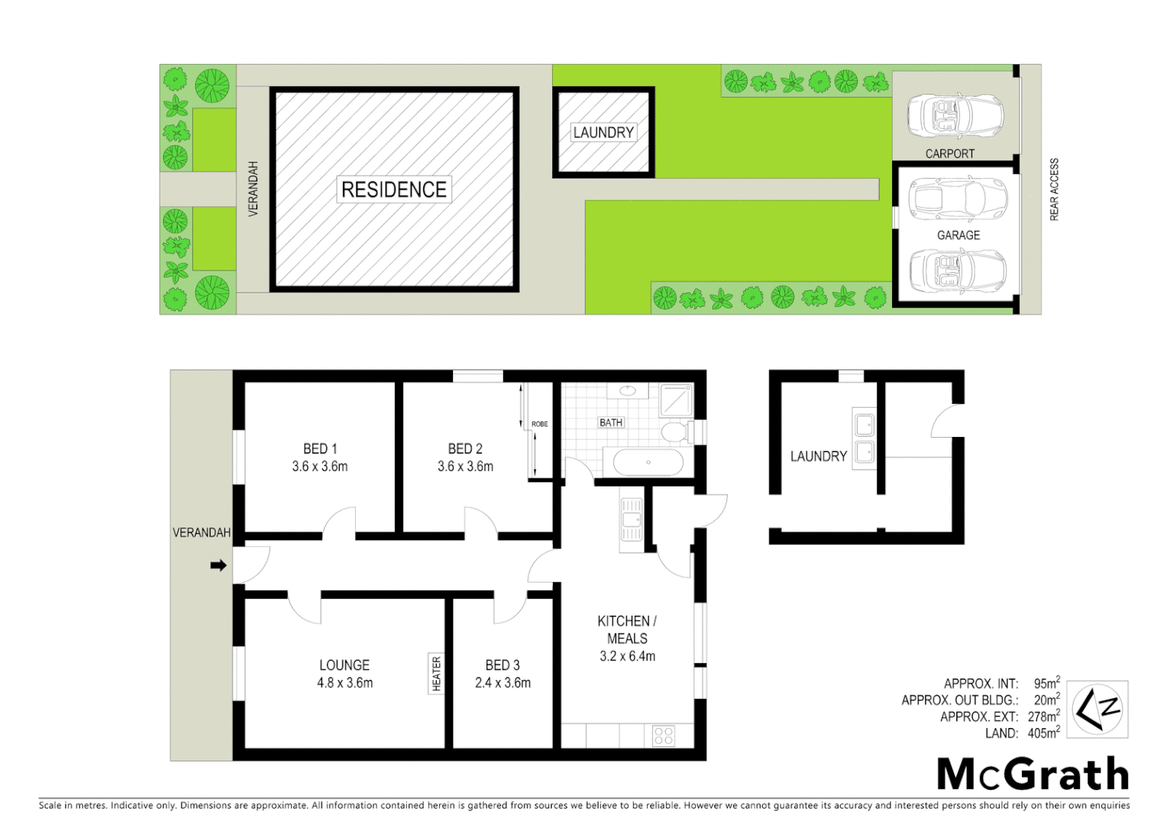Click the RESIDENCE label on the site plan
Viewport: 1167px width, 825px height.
click(394, 189)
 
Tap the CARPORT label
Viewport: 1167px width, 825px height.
click(949, 154)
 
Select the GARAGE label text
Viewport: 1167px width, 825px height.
click(958, 235)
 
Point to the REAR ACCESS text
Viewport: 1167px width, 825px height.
click(1054, 189)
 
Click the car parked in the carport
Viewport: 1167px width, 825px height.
click(955, 116)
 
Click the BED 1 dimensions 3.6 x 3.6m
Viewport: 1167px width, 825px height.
click(319, 467)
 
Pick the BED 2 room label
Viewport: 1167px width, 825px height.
click(465, 449)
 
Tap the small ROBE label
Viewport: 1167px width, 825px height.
click(539, 424)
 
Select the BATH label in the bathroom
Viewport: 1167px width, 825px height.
click(611, 422)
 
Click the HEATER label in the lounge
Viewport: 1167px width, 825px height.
click(436, 674)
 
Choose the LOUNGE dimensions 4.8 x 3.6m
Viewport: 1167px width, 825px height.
click(344, 683)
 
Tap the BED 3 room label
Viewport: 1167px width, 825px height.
click(503, 665)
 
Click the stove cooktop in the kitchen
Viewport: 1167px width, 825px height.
click(664, 736)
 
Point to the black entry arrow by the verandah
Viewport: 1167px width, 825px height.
click(218, 566)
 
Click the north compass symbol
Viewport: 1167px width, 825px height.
click(1097, 709)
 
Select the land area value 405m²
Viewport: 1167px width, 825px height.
click(1043, 733)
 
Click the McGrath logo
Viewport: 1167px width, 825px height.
click(1033, 775)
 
